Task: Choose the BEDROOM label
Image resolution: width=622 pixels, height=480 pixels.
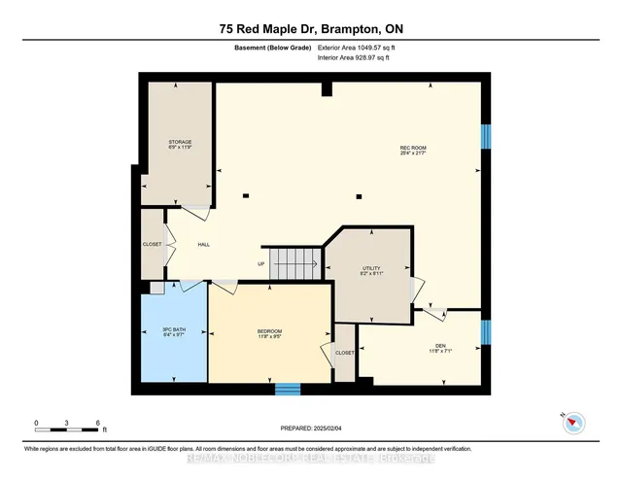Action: click(269, 334)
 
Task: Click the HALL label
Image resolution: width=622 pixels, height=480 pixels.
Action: click(204, 245)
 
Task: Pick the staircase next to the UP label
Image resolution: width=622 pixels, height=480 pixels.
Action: click(295, 261)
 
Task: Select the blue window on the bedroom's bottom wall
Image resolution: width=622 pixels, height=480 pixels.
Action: click(287, 390)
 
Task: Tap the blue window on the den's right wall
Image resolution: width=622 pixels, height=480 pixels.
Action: click(487, 332)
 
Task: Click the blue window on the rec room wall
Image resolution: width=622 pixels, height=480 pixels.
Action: click(487, 135)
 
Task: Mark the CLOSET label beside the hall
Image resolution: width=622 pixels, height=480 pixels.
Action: click(153, 245)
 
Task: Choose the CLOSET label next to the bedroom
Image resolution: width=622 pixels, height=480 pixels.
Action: click(345, 353)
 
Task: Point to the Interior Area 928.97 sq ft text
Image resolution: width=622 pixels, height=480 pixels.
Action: click(355, 58)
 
